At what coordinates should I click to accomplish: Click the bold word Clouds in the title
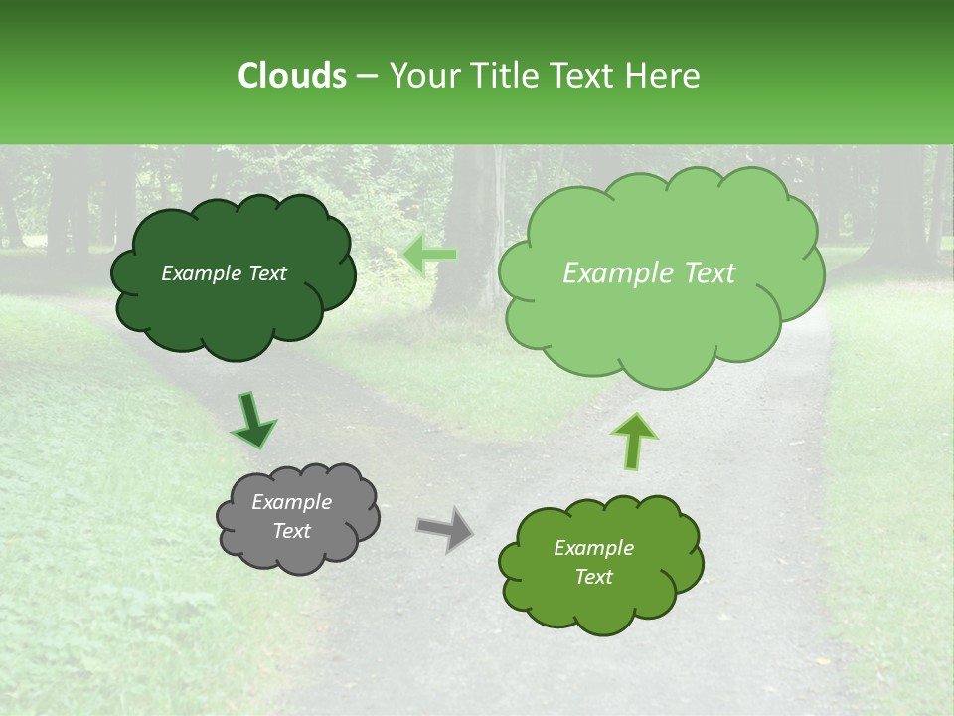(293, 76)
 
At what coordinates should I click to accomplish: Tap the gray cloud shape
(297, 553)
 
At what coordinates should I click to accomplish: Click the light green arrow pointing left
(430, 254)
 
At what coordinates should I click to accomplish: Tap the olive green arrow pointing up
(633, 439)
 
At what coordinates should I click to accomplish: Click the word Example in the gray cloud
(291, 502)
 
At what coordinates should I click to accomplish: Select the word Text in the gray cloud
(292, 531)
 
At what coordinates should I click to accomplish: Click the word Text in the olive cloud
(593, 577)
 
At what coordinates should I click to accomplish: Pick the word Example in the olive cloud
(593, 548)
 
